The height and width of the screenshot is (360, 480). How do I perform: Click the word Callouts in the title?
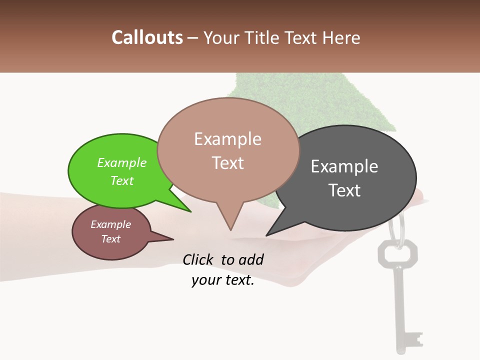click(x=147, y=37)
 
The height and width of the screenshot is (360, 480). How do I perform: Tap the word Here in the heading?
click(x=341, y=37)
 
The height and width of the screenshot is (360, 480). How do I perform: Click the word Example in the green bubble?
click(x=122, y=163)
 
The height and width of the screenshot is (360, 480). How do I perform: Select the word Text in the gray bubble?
click(x=344, y=190)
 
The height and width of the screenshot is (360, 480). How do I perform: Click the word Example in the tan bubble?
click(x=227, y=139)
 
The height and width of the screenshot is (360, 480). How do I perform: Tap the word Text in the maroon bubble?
click(x=111, y=239)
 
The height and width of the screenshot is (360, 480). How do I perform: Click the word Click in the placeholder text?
click(x=199, y=259)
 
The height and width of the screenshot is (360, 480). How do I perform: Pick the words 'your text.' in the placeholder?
click(x=222, y=280)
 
